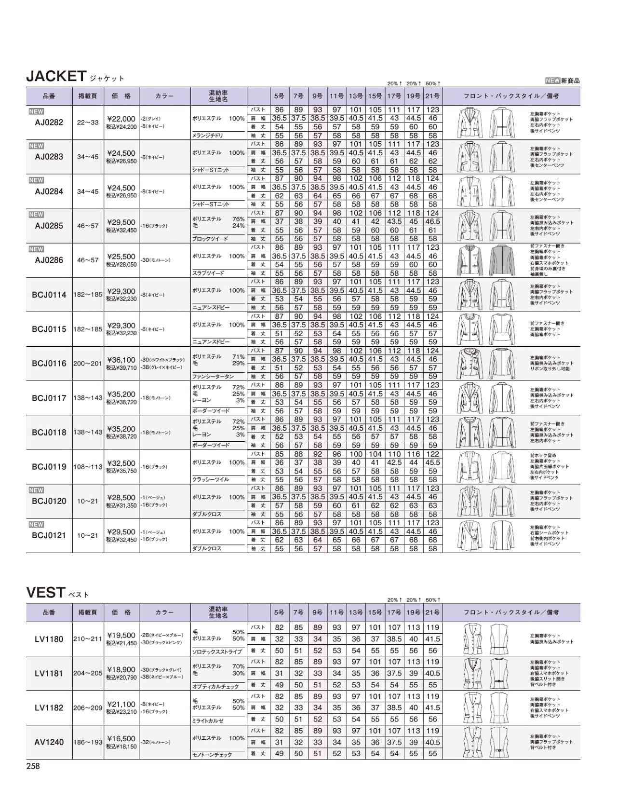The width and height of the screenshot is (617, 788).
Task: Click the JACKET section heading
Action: click(56, 76)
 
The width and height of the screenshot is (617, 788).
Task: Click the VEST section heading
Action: click(46, 592)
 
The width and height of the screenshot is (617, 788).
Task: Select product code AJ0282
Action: click(49, 122)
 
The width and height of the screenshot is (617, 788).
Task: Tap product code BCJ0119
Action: click(49, 467)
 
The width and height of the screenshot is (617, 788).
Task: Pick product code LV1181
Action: click(49, 673)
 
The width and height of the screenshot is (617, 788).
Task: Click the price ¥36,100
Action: click(121, 360)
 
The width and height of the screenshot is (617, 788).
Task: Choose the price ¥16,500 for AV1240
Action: click(121, 738)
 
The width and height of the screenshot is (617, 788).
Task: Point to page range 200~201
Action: click(88, 364)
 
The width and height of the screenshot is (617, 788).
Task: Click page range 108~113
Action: click(88, 467)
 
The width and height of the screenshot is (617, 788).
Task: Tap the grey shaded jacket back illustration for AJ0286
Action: click(503, 260)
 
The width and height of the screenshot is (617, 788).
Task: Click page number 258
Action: click(33, 766)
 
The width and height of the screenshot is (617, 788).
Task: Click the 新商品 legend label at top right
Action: click(571, 81)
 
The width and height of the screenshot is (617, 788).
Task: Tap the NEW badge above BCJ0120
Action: click(36, 490)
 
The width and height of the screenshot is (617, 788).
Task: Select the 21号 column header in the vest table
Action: click(432, 612)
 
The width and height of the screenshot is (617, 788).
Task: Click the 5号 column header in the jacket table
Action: click(279, 96)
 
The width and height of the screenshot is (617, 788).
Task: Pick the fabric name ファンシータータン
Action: click(213, 376)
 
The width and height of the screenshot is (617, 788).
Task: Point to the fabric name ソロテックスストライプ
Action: click(217, 652)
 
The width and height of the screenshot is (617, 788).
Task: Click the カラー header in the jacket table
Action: click(164, 96)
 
